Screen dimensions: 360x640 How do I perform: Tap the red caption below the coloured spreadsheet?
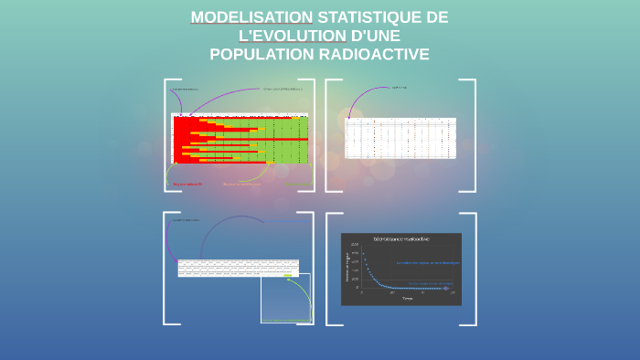[187, 185]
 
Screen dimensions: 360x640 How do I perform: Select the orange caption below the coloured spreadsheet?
[241, 184]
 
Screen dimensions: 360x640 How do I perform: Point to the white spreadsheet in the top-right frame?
[400, 138]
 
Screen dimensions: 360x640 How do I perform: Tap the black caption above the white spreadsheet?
[399, 88]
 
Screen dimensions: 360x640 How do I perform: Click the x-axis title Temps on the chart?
[406, 298]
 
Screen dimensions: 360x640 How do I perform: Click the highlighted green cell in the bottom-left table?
[291, 274]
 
